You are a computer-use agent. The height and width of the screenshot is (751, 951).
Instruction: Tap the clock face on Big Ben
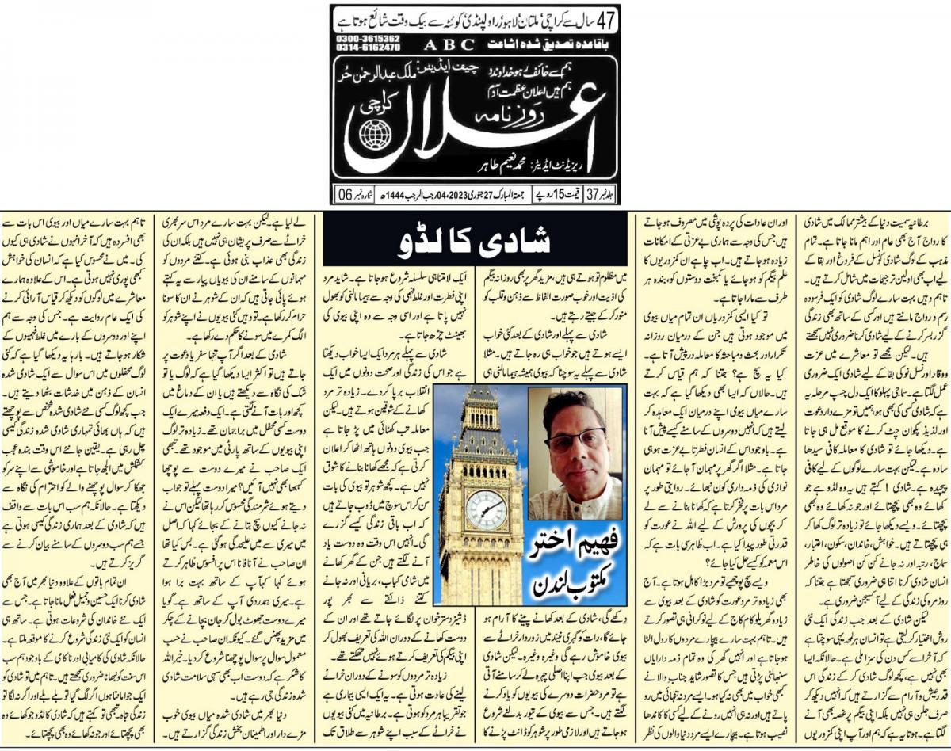click(x=486, y=509)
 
